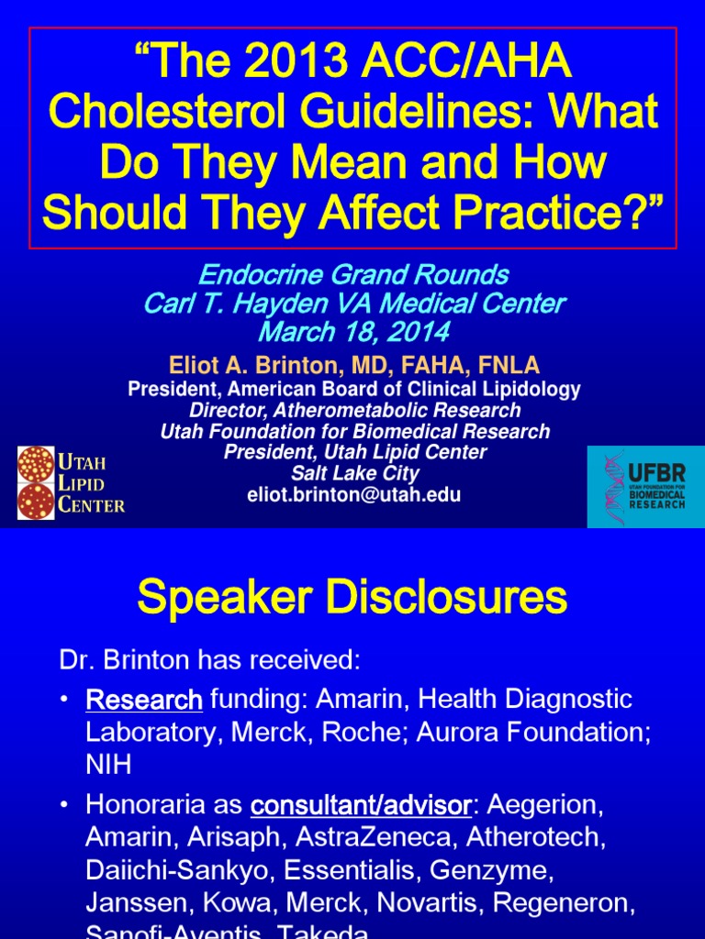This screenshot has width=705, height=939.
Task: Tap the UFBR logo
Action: coord(645,487)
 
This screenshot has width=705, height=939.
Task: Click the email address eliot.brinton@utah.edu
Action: coord(354,495)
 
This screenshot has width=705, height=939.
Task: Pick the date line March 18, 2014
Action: coord(353,331)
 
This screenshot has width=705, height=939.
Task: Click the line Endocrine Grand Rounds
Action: coord(353,274)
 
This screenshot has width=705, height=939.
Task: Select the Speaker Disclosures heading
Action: coord(352,599)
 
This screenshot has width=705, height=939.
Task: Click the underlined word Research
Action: coord(144,701)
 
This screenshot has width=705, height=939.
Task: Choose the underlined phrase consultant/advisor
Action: coord(361,806)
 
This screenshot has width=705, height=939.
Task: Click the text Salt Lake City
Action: coord(354,474)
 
